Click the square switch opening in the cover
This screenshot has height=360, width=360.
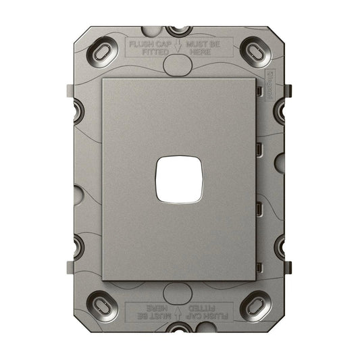coord(178,180)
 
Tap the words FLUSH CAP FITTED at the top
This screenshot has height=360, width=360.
coord(149,48)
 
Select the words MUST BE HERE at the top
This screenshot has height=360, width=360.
coord(207,48)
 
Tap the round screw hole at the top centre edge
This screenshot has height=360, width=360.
coord(178,30)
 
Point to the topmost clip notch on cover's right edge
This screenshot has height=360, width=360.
coord(257,89)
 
